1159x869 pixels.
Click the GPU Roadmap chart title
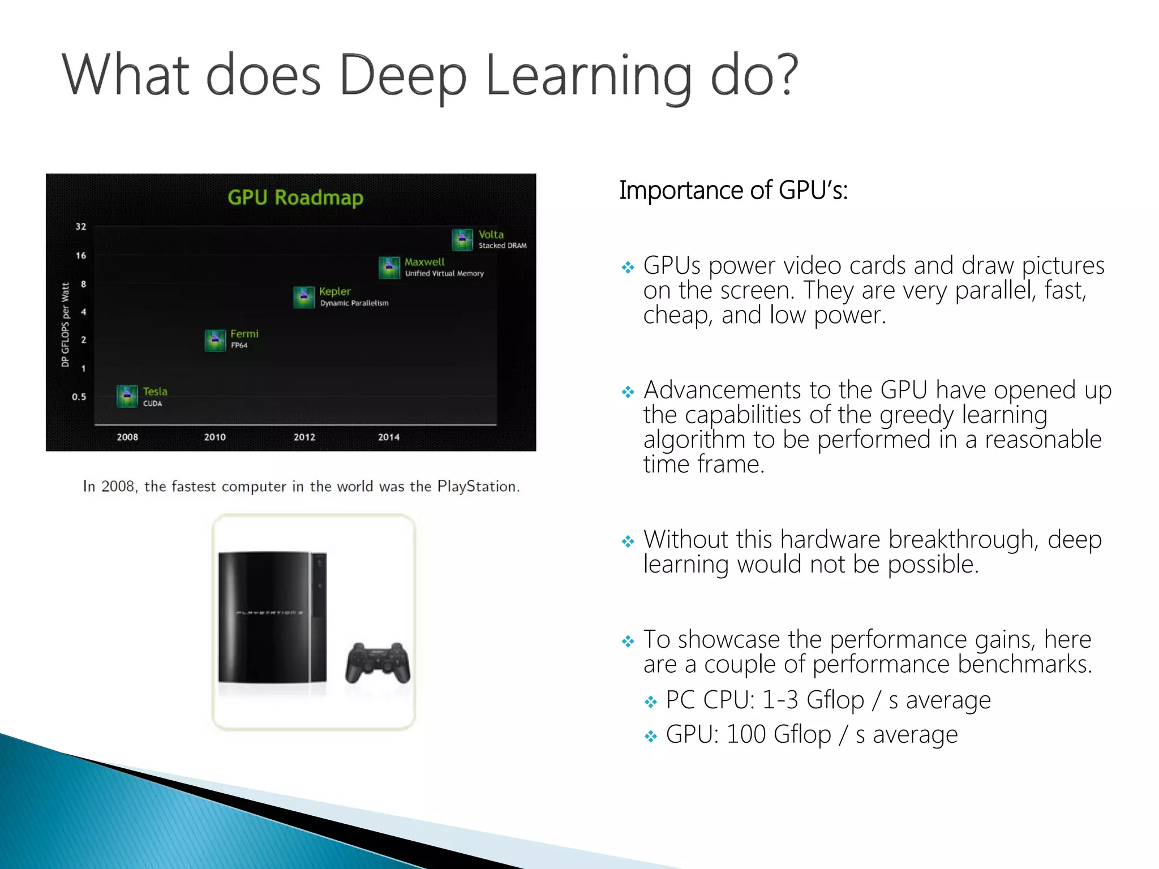coord(295,197)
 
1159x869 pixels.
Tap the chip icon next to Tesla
coord(127,396)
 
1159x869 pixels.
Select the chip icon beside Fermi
coord(215,340)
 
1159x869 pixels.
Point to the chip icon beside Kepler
coord(304,297)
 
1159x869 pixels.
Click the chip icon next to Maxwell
coord(389,268)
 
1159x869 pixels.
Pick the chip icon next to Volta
coord(462,239)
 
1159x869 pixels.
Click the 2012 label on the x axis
coord(304,437)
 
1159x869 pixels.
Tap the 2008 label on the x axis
coord(127,437)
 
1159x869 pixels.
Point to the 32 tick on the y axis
coord(81,226)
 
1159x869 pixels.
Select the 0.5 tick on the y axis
coord(79,397)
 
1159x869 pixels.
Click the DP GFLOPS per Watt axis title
coord(66,325)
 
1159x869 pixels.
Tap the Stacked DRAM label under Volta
coord(503,246)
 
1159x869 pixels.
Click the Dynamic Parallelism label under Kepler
coord(354,303)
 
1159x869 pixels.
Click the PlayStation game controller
coord(377,662)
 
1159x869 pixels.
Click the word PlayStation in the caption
coord(477,487)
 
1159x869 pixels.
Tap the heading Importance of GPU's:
coord(733,190)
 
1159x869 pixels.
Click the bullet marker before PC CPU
coord(651,702)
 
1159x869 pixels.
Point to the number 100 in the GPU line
coord(746,734)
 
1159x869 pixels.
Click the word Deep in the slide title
coord(403,76)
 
